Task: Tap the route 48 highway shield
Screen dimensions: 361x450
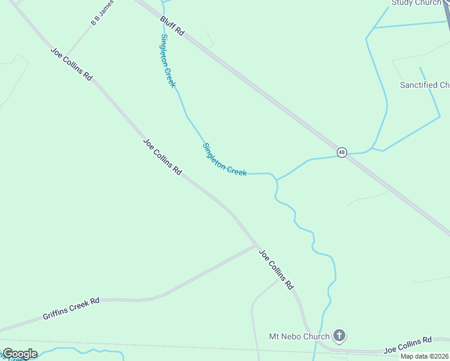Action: pyautogui.click(x=342, y=152)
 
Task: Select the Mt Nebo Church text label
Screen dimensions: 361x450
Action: pyautogui.click(x=299, y=336)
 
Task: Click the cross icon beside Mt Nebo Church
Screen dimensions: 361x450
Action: pyautogui.click(x=339, y=336)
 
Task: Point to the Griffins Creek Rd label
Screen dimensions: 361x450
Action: pyautogui.click(x=71, y=309)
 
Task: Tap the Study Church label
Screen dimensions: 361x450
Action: pyautogui.click(x=416, y=3)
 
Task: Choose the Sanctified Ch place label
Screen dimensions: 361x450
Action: pyautogui.click(x=425, y=85)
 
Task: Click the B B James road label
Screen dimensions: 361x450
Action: pyautogui.click(x=102, y=13)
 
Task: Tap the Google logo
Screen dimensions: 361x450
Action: pyautogui.click(x=19, y=354)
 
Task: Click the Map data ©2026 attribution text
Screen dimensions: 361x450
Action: pyautogui.click(x=425, y=356)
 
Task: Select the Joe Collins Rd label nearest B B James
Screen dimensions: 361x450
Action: pyautogui.click(x=71, y=64)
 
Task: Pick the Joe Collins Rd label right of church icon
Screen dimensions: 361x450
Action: pyautogui.click(x=408, y=345)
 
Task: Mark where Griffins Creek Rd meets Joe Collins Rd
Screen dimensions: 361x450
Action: pyautogui.click(x=256, y=245)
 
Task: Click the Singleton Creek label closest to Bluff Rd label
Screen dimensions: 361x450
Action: pyautogui.click(x=168, y=61)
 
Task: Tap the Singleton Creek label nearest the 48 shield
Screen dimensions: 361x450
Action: pyautogui.click(x=224, y=159)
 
